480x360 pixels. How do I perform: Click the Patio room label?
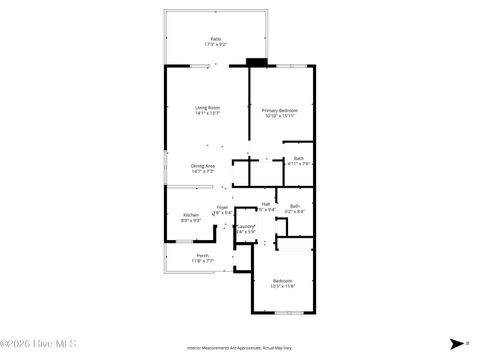tap(215, 39)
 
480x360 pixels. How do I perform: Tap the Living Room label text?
tap(207, 107)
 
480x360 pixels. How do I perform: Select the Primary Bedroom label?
tap(281, 109)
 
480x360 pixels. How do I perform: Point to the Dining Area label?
tap(203, 165)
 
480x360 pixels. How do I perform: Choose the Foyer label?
tap(222, 207)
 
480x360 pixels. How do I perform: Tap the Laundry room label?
tap(246, 227)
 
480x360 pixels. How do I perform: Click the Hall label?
tap(265, 204)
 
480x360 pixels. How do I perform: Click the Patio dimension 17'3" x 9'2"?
tap(215, 45)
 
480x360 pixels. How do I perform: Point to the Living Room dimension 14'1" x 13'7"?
tap(207, 113)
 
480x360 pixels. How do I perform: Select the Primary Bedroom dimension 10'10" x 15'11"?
tap(281, 115)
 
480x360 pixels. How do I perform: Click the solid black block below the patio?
tap(257, 62)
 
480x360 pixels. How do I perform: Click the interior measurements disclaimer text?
tap(240, 348)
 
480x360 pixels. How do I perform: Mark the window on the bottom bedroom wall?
tap(290, 313)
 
